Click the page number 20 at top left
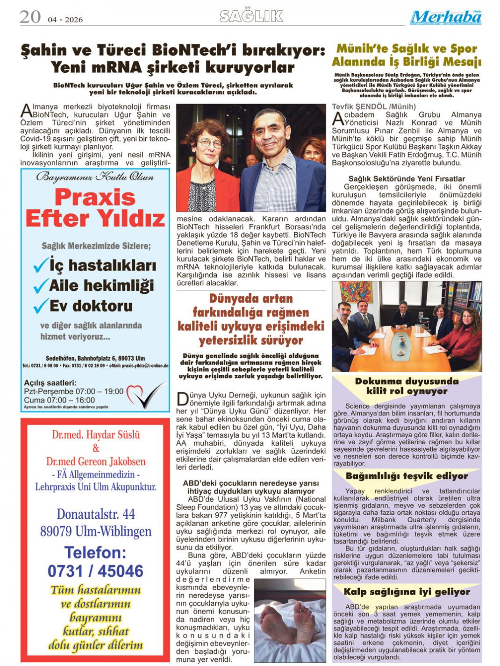tap(30, 17)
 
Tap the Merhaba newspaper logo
tap(446, 18)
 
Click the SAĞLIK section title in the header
tap(251, 16)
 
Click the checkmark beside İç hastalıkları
tap(41, 266)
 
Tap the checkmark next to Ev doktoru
tap(41, 306)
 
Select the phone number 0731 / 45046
tap(95, 571)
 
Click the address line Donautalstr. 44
tap(96, 514)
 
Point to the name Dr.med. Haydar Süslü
tap(96, 435)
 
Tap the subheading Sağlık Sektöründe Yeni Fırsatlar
tap(407, 178)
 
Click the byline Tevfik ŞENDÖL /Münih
tap(367, 106)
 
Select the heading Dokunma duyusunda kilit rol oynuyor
tap(407, 386)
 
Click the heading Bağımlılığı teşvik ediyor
tap(407, 476)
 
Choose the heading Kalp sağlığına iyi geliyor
tap(407, 592)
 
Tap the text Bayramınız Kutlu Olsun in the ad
tap(95, 177)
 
